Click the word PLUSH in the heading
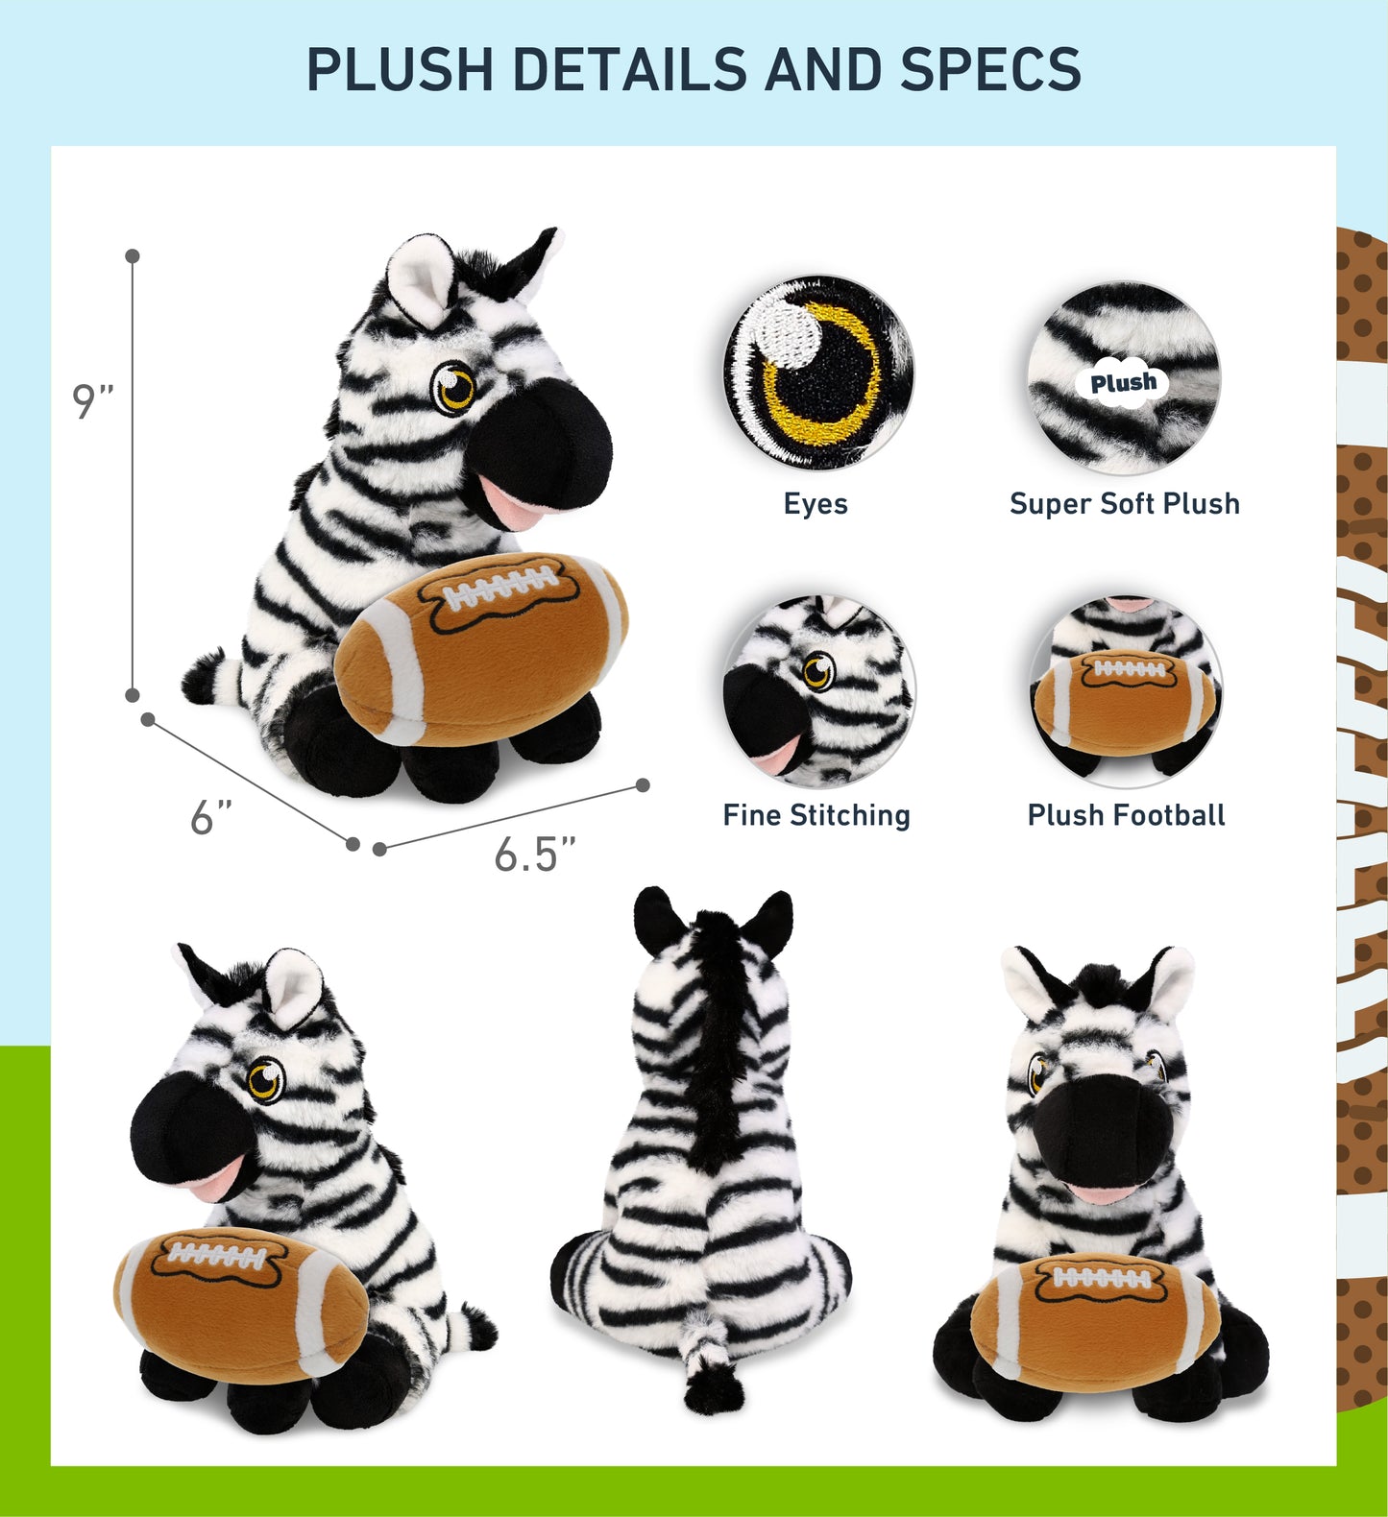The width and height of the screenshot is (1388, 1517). [x=400, y=69]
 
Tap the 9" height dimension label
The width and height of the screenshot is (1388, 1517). [x=92, y=401]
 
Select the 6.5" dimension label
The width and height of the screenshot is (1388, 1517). [x=534, y=854]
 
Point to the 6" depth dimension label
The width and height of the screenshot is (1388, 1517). [x=211, y=818]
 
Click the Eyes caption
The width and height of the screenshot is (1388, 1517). [x=816, y=504]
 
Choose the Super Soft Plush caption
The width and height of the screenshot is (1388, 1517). [x=1124, y=504]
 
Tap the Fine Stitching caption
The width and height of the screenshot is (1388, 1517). [x=816, y=815]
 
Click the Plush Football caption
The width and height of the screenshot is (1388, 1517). [x=1126, y=815]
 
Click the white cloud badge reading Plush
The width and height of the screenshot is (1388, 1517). [x=1124, y=383]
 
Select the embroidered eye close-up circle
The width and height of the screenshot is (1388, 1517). [x=817, y=373]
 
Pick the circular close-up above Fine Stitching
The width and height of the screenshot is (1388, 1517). [x=818, y=689]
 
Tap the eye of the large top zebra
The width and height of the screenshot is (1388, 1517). [x=453, y=387]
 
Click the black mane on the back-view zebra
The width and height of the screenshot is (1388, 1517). [x=714, y=1037]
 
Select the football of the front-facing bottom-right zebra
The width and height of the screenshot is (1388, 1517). [x=1095, y=1320]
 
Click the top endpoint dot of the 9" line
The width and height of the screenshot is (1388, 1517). [x=133, y=256]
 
